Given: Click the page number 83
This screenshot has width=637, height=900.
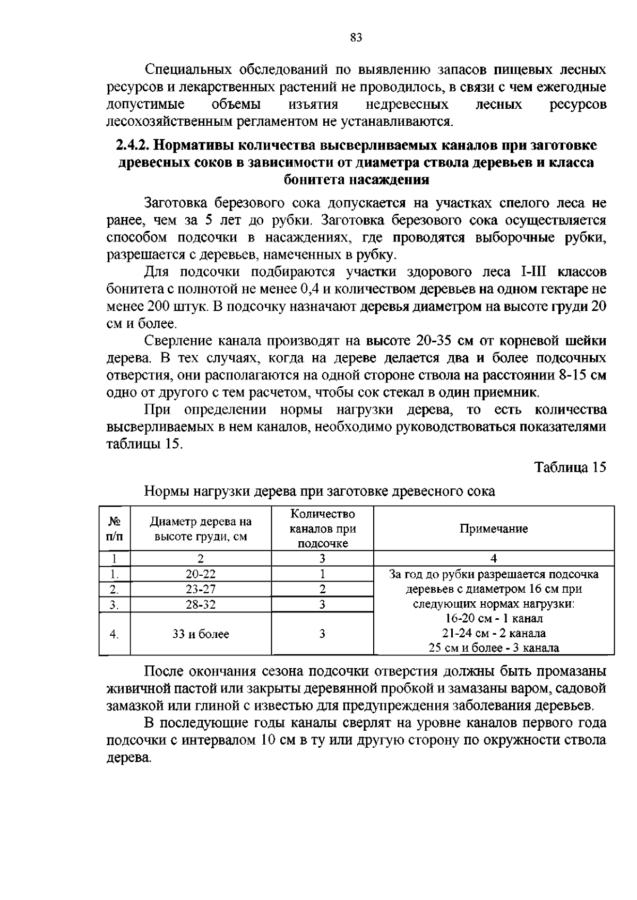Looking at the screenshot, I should tap(356, 38).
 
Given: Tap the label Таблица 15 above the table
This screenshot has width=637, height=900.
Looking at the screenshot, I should tap(570, 468).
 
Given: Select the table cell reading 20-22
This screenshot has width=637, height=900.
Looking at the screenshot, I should tap(201, 574).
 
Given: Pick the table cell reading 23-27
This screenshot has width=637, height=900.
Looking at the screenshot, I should tap(201, 589).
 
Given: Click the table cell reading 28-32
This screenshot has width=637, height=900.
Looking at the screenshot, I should tap(201, 604).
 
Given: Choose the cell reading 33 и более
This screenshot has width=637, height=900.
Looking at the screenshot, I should tap(201, 634).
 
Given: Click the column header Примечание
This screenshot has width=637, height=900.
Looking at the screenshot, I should tap(494, 529).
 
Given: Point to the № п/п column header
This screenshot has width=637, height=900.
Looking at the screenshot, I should tap(114, 529).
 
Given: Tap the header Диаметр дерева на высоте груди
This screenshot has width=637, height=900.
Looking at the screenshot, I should tap(201, 529).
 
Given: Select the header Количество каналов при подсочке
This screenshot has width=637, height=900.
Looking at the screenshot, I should tap(322, 529).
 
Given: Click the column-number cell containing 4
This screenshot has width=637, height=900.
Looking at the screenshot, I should tap(494, 558).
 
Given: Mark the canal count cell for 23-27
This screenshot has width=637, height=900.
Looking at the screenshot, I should tap(322, 589).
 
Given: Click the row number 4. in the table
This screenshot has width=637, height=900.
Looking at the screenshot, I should tap(114, 634).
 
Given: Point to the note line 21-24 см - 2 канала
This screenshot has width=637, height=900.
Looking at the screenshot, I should tap(494, 634).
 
